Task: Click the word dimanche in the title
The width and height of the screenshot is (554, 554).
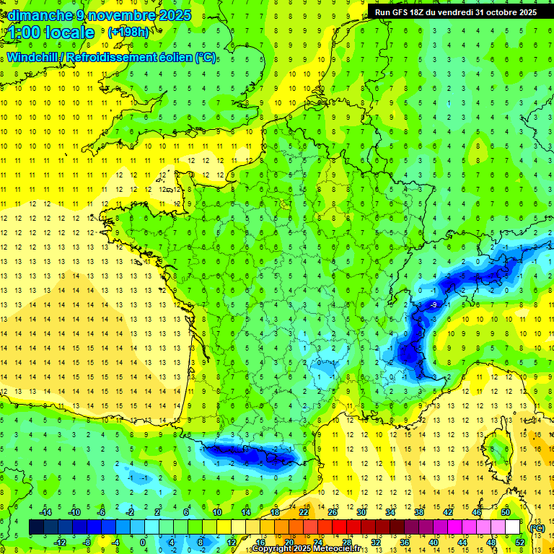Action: [37, 14]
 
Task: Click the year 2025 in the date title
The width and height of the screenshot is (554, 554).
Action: [174, 14]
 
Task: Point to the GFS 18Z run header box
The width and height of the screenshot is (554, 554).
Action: [455, 12]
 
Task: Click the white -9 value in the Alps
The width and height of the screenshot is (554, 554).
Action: [433, 306]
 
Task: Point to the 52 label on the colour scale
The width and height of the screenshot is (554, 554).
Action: [519, 542]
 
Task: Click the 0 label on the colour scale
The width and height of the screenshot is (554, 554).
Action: [143, 542]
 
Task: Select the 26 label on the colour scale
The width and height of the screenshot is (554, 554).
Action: [332, 512]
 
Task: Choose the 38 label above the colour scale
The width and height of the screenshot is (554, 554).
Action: [418, 512]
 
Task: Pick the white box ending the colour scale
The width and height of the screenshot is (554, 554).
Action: [513, 527]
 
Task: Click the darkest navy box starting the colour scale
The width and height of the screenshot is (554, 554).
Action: [36, 527]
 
